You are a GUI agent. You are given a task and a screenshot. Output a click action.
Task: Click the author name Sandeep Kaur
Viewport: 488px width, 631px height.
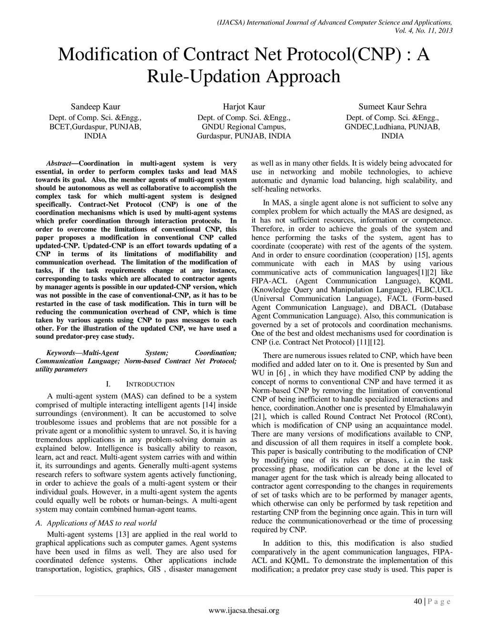coord(95,107)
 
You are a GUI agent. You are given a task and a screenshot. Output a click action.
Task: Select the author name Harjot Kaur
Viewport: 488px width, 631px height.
coord(244,107)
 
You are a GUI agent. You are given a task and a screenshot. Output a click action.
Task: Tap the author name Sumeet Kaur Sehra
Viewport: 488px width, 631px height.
coord(392,107)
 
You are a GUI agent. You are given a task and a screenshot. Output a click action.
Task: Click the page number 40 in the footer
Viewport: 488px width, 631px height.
coord(417,601)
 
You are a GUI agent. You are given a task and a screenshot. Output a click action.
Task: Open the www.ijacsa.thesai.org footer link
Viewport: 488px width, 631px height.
coord(244,611)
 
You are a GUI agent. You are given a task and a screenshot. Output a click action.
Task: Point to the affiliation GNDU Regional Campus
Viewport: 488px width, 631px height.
coord(244,127)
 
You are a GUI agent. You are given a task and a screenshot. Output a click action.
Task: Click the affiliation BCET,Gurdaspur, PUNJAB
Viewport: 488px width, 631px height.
coord(95,127)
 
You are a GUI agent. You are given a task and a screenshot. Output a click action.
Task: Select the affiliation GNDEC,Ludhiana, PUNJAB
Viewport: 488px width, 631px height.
coord(392,127)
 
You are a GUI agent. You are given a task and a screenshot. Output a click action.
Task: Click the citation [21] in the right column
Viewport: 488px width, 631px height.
coord(258,417)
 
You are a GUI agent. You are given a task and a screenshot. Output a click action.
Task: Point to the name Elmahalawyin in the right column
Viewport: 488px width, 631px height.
coord(429,408)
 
